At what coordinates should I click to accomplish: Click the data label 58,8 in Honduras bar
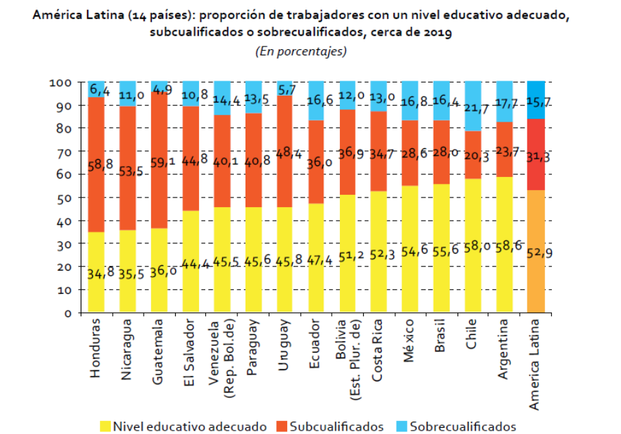click(x=96, y=165)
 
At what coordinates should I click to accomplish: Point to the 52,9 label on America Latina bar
click(x=536, y=253)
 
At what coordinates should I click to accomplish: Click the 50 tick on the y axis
click(x=63, y=198)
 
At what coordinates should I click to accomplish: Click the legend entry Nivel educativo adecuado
click(x=189, y=426)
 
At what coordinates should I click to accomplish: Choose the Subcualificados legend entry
click(x=336, y=426)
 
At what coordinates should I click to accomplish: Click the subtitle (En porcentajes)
click(x=301, y=51)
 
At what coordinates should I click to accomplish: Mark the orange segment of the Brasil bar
click(x=442, y=152)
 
